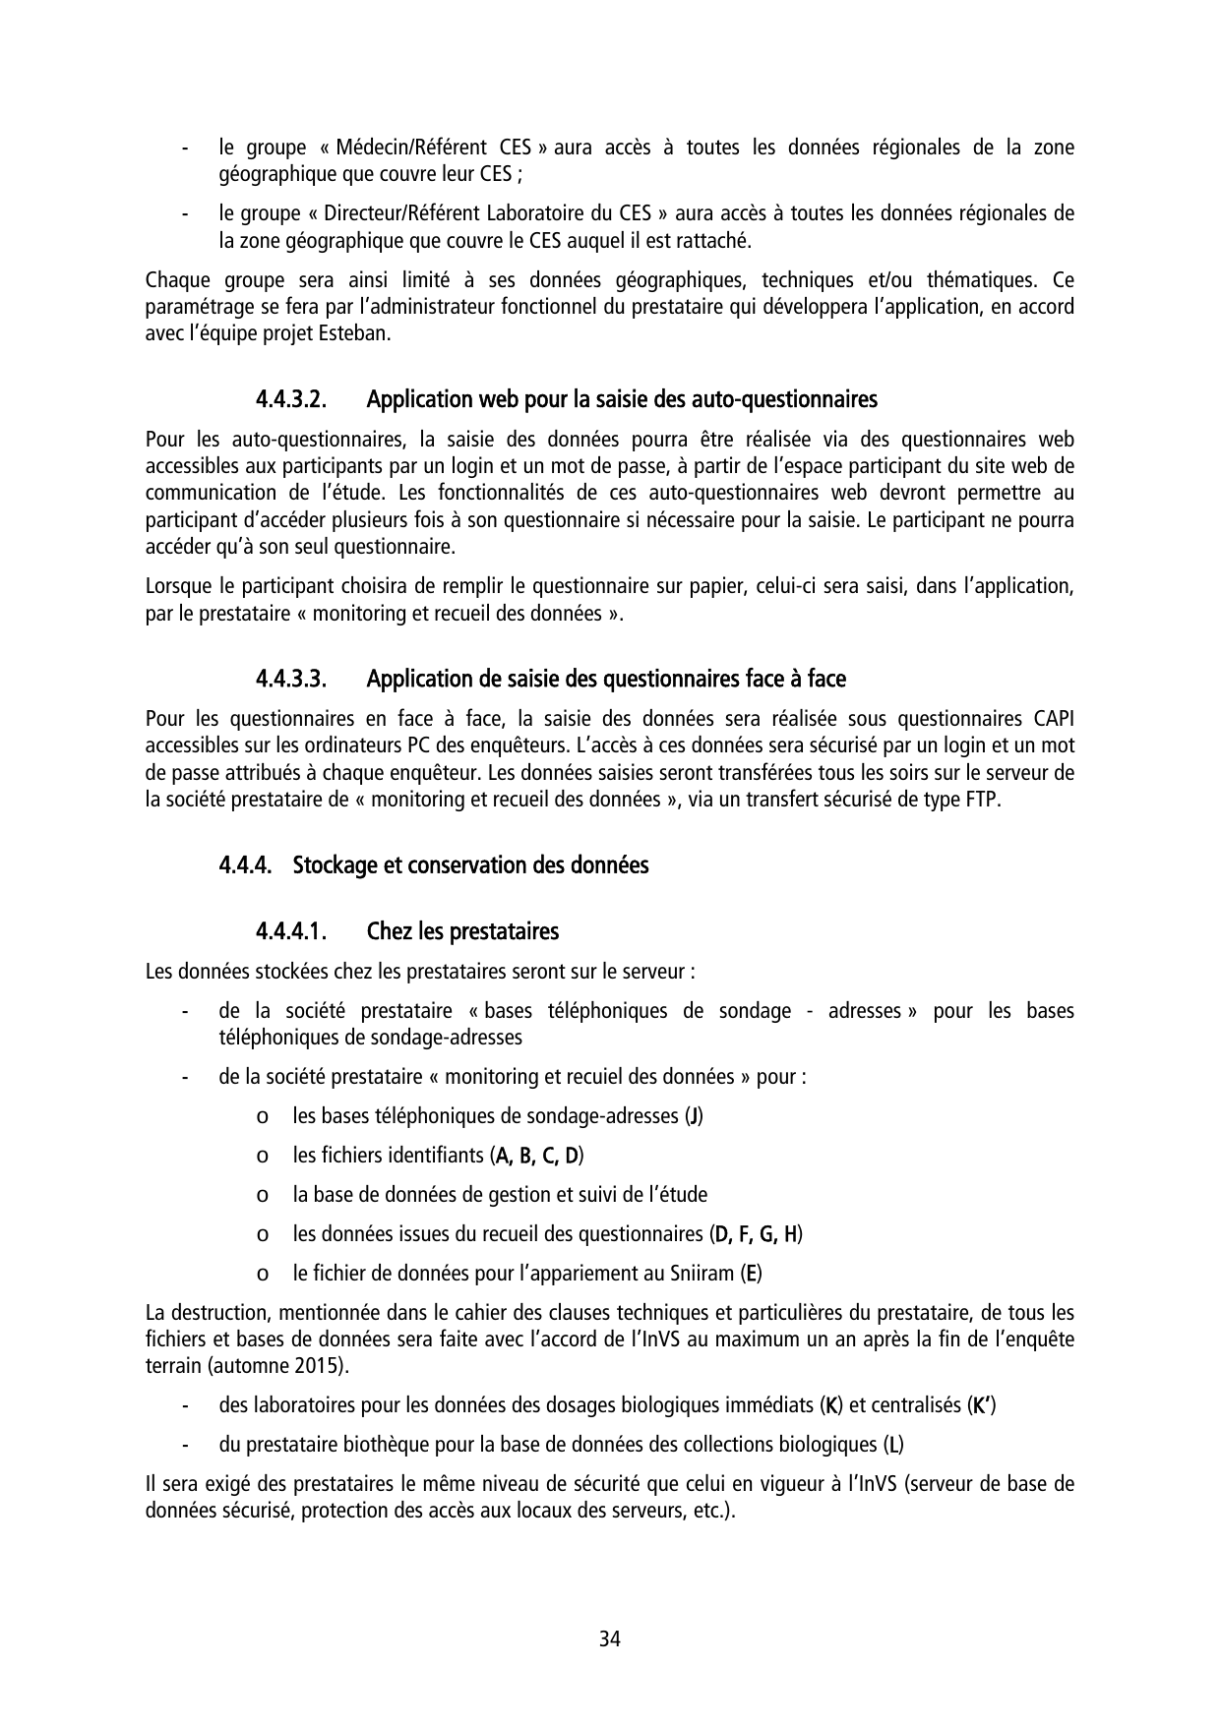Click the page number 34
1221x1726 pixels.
coord(610,1639)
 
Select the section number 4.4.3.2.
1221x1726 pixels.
coord(291,400)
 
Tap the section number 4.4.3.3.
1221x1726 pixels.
coord(291,680)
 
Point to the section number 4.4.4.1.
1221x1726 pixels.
coord(291,931)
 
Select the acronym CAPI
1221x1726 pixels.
coord(1054,719)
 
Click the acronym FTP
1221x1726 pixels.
coord(983,800)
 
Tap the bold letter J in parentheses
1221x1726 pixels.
coord(694,1116)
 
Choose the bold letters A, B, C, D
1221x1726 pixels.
coord(536,1156)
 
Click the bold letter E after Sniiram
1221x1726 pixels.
coord(752,1274)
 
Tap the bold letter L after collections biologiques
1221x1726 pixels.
coord(893,1445)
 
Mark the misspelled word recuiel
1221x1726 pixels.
coord(593,1077)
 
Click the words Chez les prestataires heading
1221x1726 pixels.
coord(462,931)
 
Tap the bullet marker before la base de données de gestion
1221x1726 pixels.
coord(261,1196)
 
